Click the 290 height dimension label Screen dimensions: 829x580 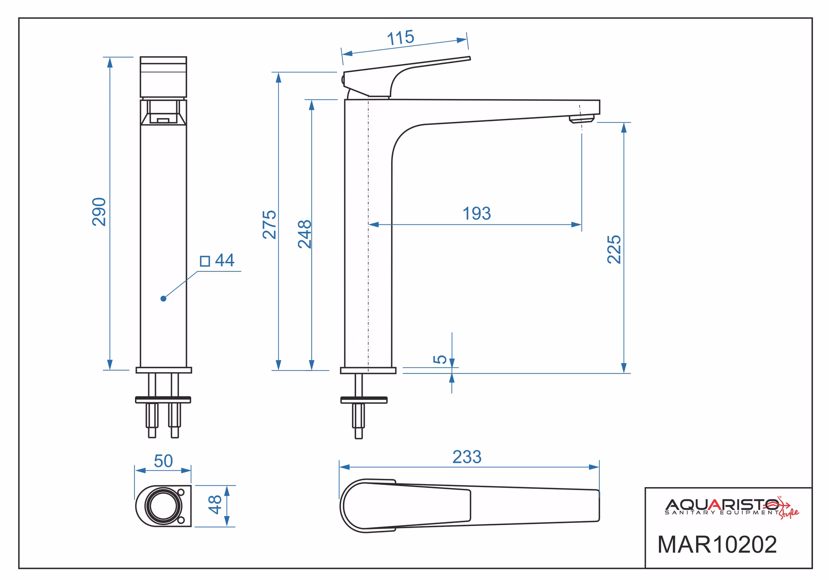pos(99,212)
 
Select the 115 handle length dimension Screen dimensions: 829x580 pos(401,38)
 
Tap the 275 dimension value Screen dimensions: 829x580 pos(269,224)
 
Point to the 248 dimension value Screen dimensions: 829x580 pos(305,234)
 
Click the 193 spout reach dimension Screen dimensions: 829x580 pos(477,214)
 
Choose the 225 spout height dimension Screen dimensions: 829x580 pos(614,249)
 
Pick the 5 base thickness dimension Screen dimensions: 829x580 pos(440,359)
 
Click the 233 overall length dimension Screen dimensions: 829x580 pos(467,457)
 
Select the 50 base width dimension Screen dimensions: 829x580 pos(163,461)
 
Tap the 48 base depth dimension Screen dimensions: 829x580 pos(215,504)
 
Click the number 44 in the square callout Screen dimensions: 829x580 pos(225,260)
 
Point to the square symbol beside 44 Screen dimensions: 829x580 pos(205,261)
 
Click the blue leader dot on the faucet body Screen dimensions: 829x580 pos(163,299)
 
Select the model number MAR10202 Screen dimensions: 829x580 pos(717,545)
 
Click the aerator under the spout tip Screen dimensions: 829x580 pos(582,119)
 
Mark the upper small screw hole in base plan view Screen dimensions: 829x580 pos(181,492)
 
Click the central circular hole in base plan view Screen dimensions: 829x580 pos(163,506)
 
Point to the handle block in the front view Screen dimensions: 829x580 pos(163,77)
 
